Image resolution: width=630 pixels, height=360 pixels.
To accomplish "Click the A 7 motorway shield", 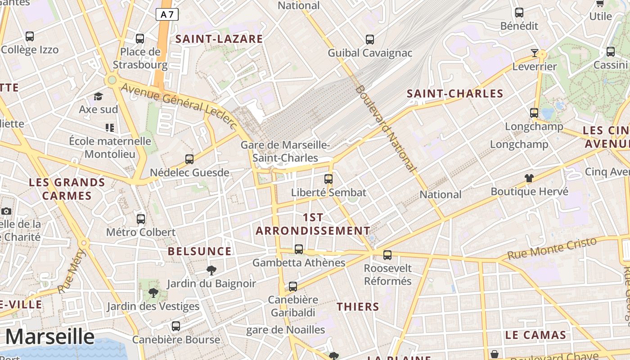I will click(x=167, y=14).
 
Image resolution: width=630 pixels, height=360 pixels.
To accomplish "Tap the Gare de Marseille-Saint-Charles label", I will click(x=285, y=152).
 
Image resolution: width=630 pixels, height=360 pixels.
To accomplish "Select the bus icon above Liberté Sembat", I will click(x=328, y=179).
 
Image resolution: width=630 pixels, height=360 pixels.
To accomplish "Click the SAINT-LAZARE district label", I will click(x=219, y=39).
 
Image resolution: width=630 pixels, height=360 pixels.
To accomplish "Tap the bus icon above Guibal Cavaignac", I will click(x=370, y=40).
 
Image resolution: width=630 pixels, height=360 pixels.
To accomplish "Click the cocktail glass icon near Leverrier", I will click(x=534, y=53).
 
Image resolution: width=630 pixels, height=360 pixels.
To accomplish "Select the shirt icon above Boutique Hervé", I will click(x=529, y=178).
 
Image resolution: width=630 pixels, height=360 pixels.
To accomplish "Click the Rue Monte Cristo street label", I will click(x=552, y=248).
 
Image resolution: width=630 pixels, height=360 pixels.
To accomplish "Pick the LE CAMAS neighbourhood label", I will click(x=535, y=335).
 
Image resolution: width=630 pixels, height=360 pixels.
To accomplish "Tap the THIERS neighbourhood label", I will click(x=358, y=307).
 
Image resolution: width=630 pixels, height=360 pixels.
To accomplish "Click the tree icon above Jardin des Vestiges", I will click(x=153, y=293).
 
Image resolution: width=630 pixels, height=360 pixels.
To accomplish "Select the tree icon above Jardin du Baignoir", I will click(x=211, y=270).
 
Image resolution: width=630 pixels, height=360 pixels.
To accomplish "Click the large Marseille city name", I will click(x=50, y=337).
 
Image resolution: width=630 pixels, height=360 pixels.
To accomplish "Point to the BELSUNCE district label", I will click(x=200, y=251).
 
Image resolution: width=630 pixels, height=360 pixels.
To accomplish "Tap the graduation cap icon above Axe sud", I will click(x=98, y=96).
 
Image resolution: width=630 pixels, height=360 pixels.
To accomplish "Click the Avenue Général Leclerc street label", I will click(x=179, y=105).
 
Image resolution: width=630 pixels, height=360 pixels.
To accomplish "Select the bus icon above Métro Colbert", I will click(x=141, y=219).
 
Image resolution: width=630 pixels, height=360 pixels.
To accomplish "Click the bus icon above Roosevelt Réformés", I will click(x=387, y=255).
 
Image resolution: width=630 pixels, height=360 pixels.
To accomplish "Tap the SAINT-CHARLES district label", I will click(x=455, y=94).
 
